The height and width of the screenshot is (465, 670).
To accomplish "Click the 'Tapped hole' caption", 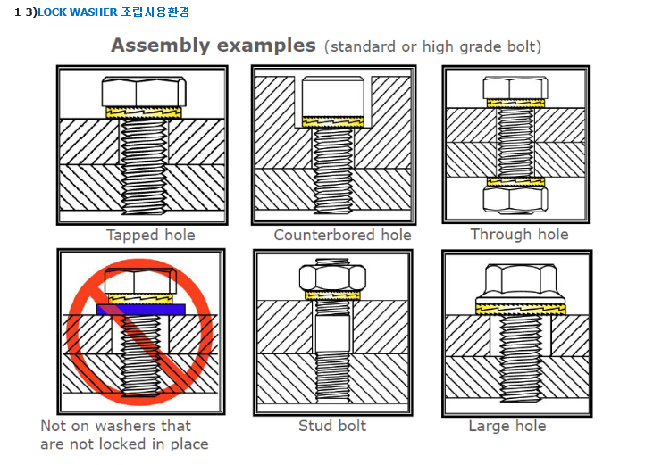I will point(151,236).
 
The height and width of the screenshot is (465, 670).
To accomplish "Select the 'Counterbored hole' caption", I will point(342,236).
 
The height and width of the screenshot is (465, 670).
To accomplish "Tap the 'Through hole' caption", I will point(519,235).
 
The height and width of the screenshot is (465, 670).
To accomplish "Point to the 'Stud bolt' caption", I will point(332,426).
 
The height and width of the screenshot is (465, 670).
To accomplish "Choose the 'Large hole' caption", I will point(507,426).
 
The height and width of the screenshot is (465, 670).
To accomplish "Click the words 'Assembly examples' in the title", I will point(213,46).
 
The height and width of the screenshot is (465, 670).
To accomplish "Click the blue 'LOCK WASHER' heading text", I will point(78,12).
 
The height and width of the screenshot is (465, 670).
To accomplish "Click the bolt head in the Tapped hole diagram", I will point(144,92).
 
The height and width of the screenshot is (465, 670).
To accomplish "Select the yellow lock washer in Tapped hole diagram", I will point(144,112).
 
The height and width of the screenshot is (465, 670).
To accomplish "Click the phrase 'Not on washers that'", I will point(115,426).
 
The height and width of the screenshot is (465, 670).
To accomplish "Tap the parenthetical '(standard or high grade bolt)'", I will point(433,46).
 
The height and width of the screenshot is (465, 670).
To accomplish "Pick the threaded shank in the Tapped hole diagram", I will point(144,170).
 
